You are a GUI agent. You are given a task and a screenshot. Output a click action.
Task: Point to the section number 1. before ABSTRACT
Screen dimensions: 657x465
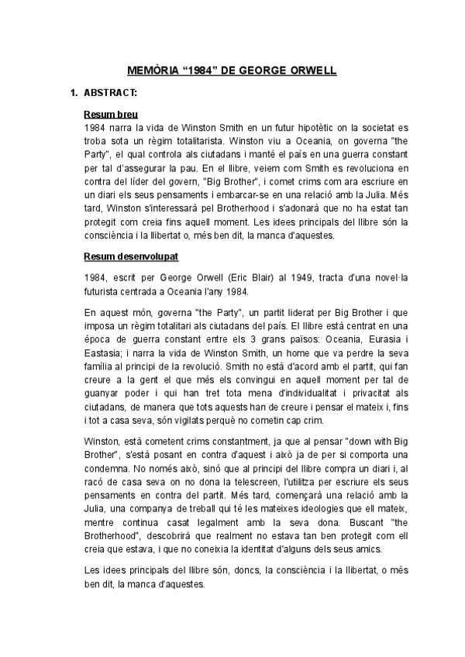[x=74, y=95]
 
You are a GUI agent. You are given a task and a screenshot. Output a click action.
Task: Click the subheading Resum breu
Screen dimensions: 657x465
[x=110, y=115]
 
